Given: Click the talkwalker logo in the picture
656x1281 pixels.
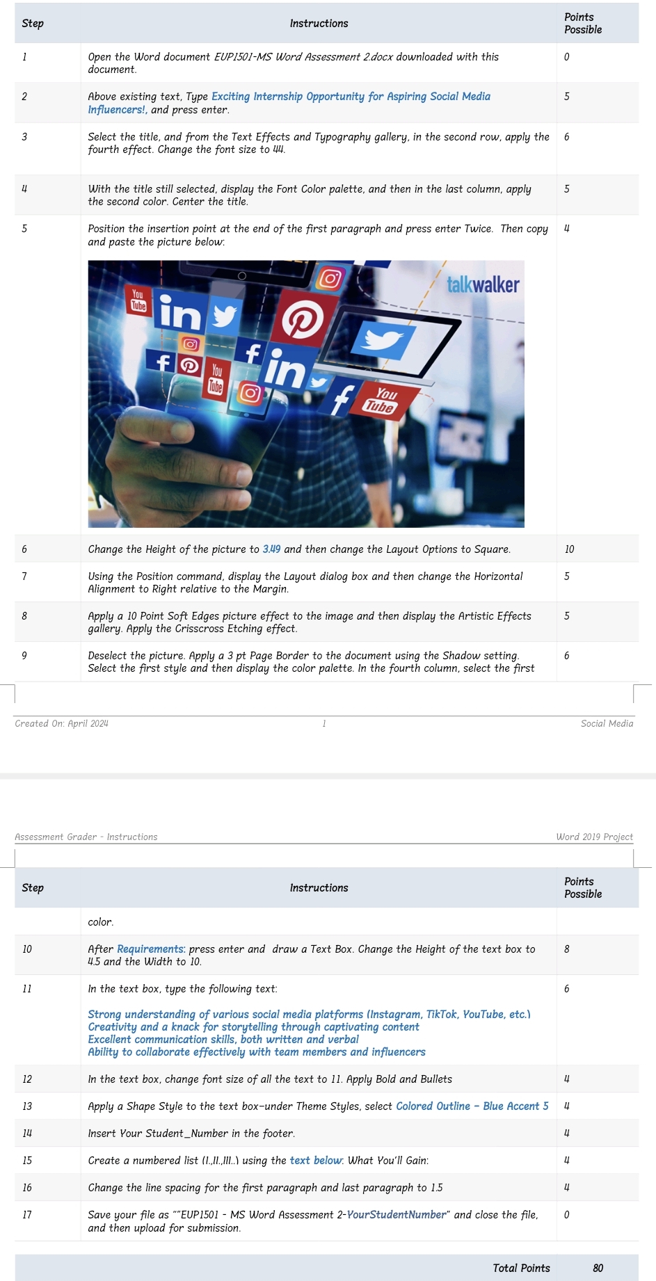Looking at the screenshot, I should pos(482,284).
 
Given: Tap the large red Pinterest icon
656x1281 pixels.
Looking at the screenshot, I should pos(303,320).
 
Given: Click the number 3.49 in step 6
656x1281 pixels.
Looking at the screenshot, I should pos(271,549).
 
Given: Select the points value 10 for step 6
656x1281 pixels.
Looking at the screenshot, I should pos(569,549).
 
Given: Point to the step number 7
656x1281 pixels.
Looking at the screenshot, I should pos(24,577).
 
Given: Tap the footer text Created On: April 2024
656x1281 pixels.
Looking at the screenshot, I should pos(61,723).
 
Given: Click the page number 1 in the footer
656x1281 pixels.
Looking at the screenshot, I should pos(324,723).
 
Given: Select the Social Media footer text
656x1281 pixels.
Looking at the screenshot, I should pos(607,723).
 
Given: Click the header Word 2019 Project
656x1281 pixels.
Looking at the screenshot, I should pos(594,837).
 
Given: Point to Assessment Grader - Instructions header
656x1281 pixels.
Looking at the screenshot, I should pos(86,837).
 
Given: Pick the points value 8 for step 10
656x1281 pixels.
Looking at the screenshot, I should pos(567,949).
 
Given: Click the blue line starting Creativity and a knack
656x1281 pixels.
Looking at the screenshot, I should pos(253,1027).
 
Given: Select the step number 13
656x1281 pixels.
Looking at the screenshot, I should pos(27,1106).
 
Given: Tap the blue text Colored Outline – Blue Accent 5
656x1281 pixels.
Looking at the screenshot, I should pos(472,1106).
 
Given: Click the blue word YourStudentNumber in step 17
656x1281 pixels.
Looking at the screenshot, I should pos(396,1215).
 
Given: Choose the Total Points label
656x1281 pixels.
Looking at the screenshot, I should pos(521,1268).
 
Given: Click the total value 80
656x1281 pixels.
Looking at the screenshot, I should pos(598,1268).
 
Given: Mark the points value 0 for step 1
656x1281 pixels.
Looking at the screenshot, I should pos(566,57).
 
